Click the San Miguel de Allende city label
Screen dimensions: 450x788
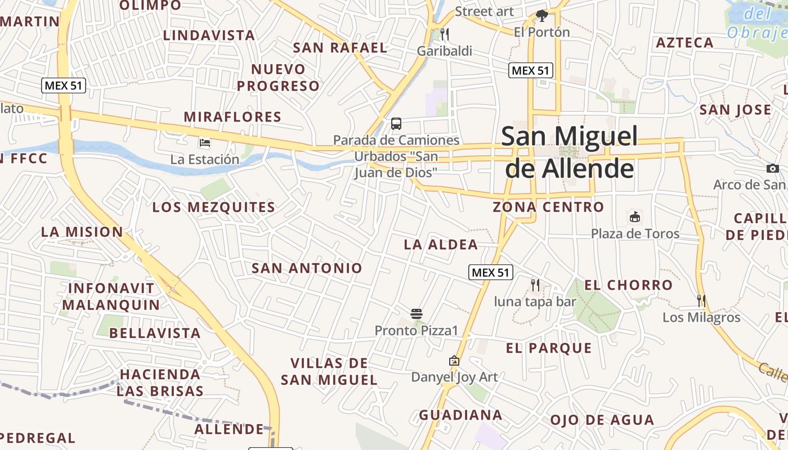coord(570,152)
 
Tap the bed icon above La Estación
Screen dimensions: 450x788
coord(205,143)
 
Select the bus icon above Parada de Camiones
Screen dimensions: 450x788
coord(396,124)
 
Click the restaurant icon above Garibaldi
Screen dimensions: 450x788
coord(445,35)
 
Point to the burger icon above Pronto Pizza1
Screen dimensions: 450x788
coord(417,314)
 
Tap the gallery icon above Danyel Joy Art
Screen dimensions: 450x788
coord(454,361)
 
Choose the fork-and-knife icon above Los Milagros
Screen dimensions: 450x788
coord(701,301)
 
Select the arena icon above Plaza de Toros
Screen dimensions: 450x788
coord(635,217)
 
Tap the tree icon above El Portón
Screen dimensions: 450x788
coord(542,16)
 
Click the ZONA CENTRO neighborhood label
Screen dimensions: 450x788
coord(548,207)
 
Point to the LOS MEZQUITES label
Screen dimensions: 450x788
coord(214,207)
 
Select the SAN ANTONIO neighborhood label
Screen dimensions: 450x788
coord(307,268)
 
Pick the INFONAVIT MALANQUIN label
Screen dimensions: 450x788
coord(111,296)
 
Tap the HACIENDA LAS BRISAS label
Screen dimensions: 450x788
coord(160,382)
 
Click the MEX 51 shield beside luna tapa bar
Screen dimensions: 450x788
coord(491,273)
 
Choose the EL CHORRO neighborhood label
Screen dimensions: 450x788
coord(628,285)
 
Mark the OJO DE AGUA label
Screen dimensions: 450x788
coord(602,420)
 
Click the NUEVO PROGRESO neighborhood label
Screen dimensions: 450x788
coord(278,78)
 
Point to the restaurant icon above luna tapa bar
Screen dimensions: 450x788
coord(535,285)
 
